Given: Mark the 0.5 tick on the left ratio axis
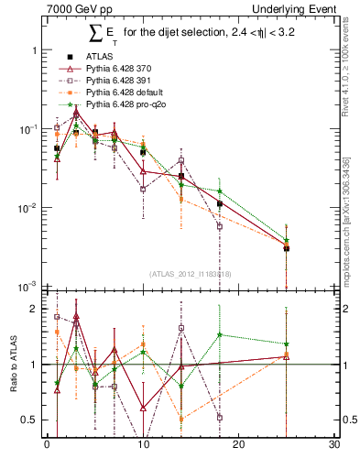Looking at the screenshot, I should pyautogui.click(x=29, y=420).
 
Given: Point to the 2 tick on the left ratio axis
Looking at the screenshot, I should pyautogui.click(x=34, y=309).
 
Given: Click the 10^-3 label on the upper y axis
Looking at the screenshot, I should pyautogui.click(x=27, y=287).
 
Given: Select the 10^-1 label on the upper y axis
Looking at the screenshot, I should pyautogui.click(x=27, y=129).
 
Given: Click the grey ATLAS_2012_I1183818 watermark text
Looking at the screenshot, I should pyautogui.click(x=191, y=274).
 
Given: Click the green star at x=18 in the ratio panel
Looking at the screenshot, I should pyautogui.click(x=220, y=334).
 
